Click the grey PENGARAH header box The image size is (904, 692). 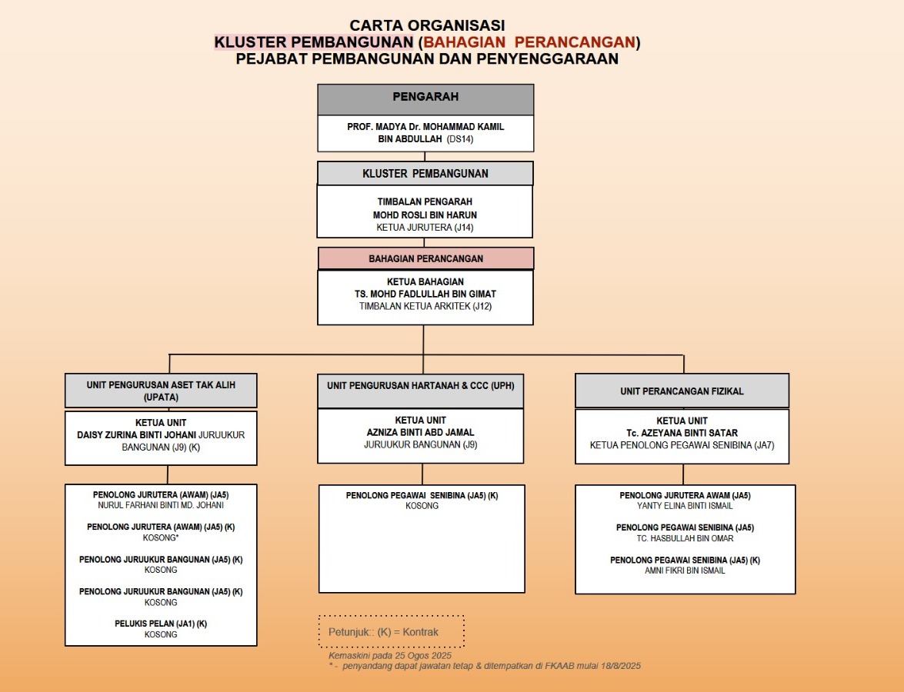click(425, 98)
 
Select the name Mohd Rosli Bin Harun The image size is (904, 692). click(425, 215)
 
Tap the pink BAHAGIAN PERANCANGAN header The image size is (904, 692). click(425, 259)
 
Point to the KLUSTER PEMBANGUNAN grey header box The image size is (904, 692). click(425, 174)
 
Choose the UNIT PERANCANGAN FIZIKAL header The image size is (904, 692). click(682, 391)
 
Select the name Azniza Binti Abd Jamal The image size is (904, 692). click(421, 432)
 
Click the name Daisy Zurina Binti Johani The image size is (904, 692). click(136, 435)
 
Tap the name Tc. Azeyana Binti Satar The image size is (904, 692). click(682, 433)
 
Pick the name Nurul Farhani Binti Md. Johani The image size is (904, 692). click(161, 506)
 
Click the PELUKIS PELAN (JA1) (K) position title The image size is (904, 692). click(161, 624)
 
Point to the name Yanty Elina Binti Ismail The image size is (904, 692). click(685, 507)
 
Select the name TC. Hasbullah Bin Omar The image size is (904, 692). click(685, 538)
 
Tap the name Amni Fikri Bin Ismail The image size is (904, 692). click(685, 571)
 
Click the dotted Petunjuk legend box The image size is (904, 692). click(391, 632)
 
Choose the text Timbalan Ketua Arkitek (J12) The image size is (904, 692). click(425, 306)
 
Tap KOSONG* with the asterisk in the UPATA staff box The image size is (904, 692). click(161, 538)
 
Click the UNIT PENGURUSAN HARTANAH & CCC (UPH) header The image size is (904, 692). click(421, 385)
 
